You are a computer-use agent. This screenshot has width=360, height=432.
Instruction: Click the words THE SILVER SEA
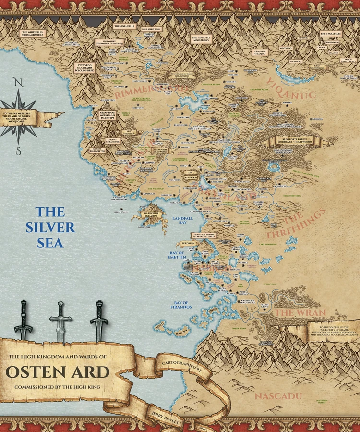pos(56,227)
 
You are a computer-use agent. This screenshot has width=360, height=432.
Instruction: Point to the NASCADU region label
pos(278,396)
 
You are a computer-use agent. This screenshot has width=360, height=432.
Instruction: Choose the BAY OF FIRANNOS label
pos(181,304)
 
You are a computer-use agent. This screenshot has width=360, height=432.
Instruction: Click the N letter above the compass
pos(18,82)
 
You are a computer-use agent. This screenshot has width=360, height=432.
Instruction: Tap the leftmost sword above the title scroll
pos(23,320)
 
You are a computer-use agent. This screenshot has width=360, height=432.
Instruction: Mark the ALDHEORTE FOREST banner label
pos(294,142)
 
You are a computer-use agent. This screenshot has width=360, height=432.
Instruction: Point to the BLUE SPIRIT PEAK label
pos(151,29)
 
